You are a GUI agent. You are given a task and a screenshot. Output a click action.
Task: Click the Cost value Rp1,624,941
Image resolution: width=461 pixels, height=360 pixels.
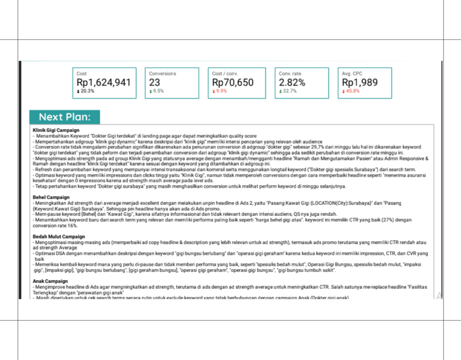coord(104,82)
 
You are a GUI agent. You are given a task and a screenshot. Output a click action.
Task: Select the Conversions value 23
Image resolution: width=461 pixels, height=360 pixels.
coord(155,82)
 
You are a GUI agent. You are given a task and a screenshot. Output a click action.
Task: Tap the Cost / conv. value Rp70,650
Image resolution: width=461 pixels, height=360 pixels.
coord(233,82)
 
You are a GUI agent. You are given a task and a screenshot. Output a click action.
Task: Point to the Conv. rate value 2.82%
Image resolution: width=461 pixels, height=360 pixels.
coord(292,82)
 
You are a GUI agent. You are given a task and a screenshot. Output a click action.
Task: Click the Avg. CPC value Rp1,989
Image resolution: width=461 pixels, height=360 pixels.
coord(360,82)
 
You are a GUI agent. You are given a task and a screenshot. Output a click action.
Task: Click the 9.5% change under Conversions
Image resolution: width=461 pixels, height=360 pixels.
coord(158,91)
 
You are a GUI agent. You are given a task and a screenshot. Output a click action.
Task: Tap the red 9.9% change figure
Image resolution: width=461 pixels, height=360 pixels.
coord(221,91)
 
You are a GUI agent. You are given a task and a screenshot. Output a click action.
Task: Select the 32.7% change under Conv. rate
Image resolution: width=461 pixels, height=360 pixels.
coord(289,91)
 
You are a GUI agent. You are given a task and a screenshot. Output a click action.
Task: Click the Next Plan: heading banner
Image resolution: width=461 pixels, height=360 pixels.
coord(64,117)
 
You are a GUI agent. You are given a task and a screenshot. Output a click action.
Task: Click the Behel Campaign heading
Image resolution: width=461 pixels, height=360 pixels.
coord(51,197)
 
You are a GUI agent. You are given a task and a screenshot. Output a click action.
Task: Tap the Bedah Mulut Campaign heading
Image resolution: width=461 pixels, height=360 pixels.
coord(59,236)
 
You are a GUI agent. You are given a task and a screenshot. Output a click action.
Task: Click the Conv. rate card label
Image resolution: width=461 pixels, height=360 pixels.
coord(289,73)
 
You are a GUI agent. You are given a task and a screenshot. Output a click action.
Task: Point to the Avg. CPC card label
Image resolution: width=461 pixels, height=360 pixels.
coord(352,73)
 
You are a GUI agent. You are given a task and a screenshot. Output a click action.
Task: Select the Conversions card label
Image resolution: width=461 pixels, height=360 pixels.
coord(163,73)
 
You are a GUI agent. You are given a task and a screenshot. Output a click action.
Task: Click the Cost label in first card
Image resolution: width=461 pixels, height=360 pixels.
coord(81,73)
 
